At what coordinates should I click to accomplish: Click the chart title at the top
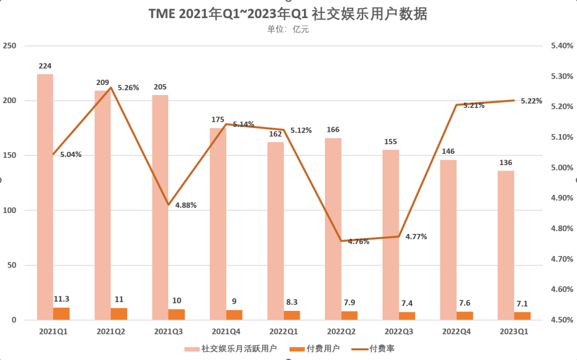pos(288,14)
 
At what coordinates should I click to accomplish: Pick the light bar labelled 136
pos(506,245)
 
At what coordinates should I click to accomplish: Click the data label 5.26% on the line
pos(128,88)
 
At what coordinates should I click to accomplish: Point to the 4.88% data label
pos(185,205)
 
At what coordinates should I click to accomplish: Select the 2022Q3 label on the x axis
pos(399,332)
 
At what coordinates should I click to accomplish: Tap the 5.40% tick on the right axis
pos(562,46)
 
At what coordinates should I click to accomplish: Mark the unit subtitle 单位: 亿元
pos(288,30)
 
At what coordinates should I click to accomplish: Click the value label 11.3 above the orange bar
pos(61,299)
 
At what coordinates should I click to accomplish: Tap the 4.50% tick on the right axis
pos(562,320)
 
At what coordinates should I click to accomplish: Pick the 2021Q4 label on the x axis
pos(226,332)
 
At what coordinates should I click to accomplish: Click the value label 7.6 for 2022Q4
pos(465,303)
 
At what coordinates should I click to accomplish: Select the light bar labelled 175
pos(218,224)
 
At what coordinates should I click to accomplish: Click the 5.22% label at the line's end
pos(532,101)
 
